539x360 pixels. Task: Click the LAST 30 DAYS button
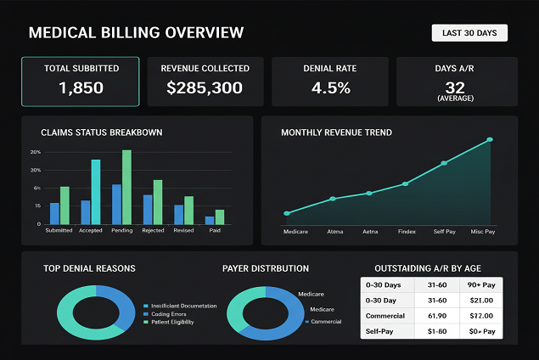(x=469, y=33)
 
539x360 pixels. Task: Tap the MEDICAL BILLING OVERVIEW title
(x=136, y=33)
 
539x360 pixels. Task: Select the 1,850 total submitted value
(x=81, y=87)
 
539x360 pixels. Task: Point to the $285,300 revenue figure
(x=205, y=87)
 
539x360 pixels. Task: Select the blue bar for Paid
(x=210, y=220)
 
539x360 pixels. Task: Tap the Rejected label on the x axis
(x=153, y=230)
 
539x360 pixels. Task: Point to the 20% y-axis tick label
(x=35, y=152)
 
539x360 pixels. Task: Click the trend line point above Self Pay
(x=443, y=163)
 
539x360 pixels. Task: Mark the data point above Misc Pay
(x=489, y=140)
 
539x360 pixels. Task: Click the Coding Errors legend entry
(x=169, y=314)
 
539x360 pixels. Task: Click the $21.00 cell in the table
(x=480, y=300)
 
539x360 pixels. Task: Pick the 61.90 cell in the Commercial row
(x=436, y=314)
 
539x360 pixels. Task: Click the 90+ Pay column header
(x=480, y=285)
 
